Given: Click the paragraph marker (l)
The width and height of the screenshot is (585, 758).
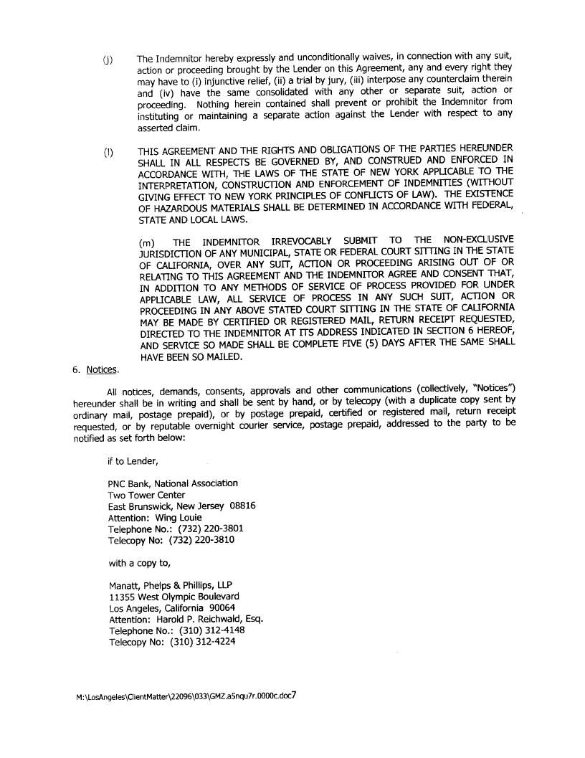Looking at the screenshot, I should [x=108, y=153].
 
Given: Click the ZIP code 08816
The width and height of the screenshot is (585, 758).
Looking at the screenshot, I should [x=243, y=506].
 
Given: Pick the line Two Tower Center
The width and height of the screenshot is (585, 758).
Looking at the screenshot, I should [x=146, y=495].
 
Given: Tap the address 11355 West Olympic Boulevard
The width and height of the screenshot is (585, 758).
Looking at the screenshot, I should [x=174, y=596].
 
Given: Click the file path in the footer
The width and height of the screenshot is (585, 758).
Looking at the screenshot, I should [x=184, y=696].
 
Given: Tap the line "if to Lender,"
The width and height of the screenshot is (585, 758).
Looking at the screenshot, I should [x=132, y=461].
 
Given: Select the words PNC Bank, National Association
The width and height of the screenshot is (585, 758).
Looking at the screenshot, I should [x=173, y=483].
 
